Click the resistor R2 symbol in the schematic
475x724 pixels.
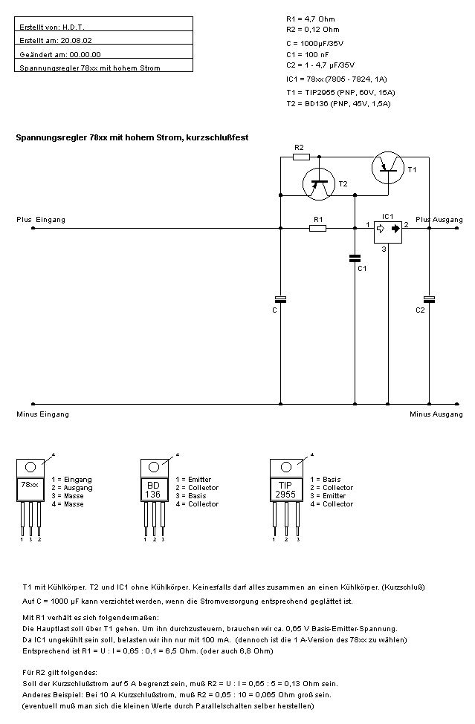pyautogui.click(x=299, y=157)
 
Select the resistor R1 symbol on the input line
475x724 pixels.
pyautogui.click(x=317, y=229)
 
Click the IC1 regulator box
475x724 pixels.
pyautogui.click(x=387, y=231)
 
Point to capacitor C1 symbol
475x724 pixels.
pyautogui.click(x=355, y=258)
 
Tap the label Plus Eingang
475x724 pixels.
pyautogui.click(x=41, y=220)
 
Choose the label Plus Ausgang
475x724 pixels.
pyautogui.click(x=439, y=220)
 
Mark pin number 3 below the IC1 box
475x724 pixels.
pyautogui.click(x=384, y=250)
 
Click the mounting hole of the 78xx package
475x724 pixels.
pyautogui.click(x=30, y=468)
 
